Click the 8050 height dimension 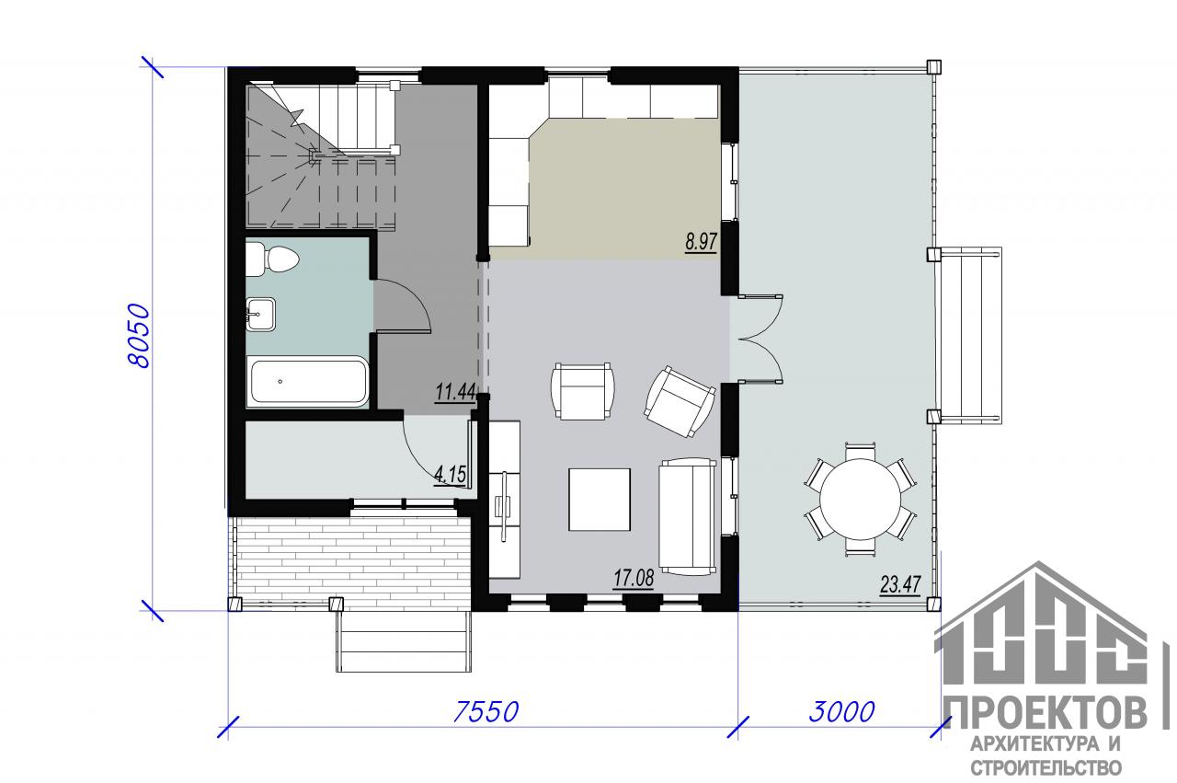coord(139,335)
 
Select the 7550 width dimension coord(486,712)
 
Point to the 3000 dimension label coord(841,712)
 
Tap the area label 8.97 coord(701,242)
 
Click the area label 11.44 coord(455,392)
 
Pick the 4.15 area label coord(451,475)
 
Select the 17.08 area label coord(634,579)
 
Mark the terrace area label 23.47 coord(900,585)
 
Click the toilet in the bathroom coord(271,259)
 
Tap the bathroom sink coord(261,315)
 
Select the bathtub coord(307,381)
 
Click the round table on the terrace coord(861,498)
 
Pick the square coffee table coord(599,500)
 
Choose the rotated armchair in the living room coord(680,401)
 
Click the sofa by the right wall coord(688,516)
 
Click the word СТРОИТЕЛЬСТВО coord(1046,767)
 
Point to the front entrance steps coord(404,641)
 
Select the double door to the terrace coord(760,337)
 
